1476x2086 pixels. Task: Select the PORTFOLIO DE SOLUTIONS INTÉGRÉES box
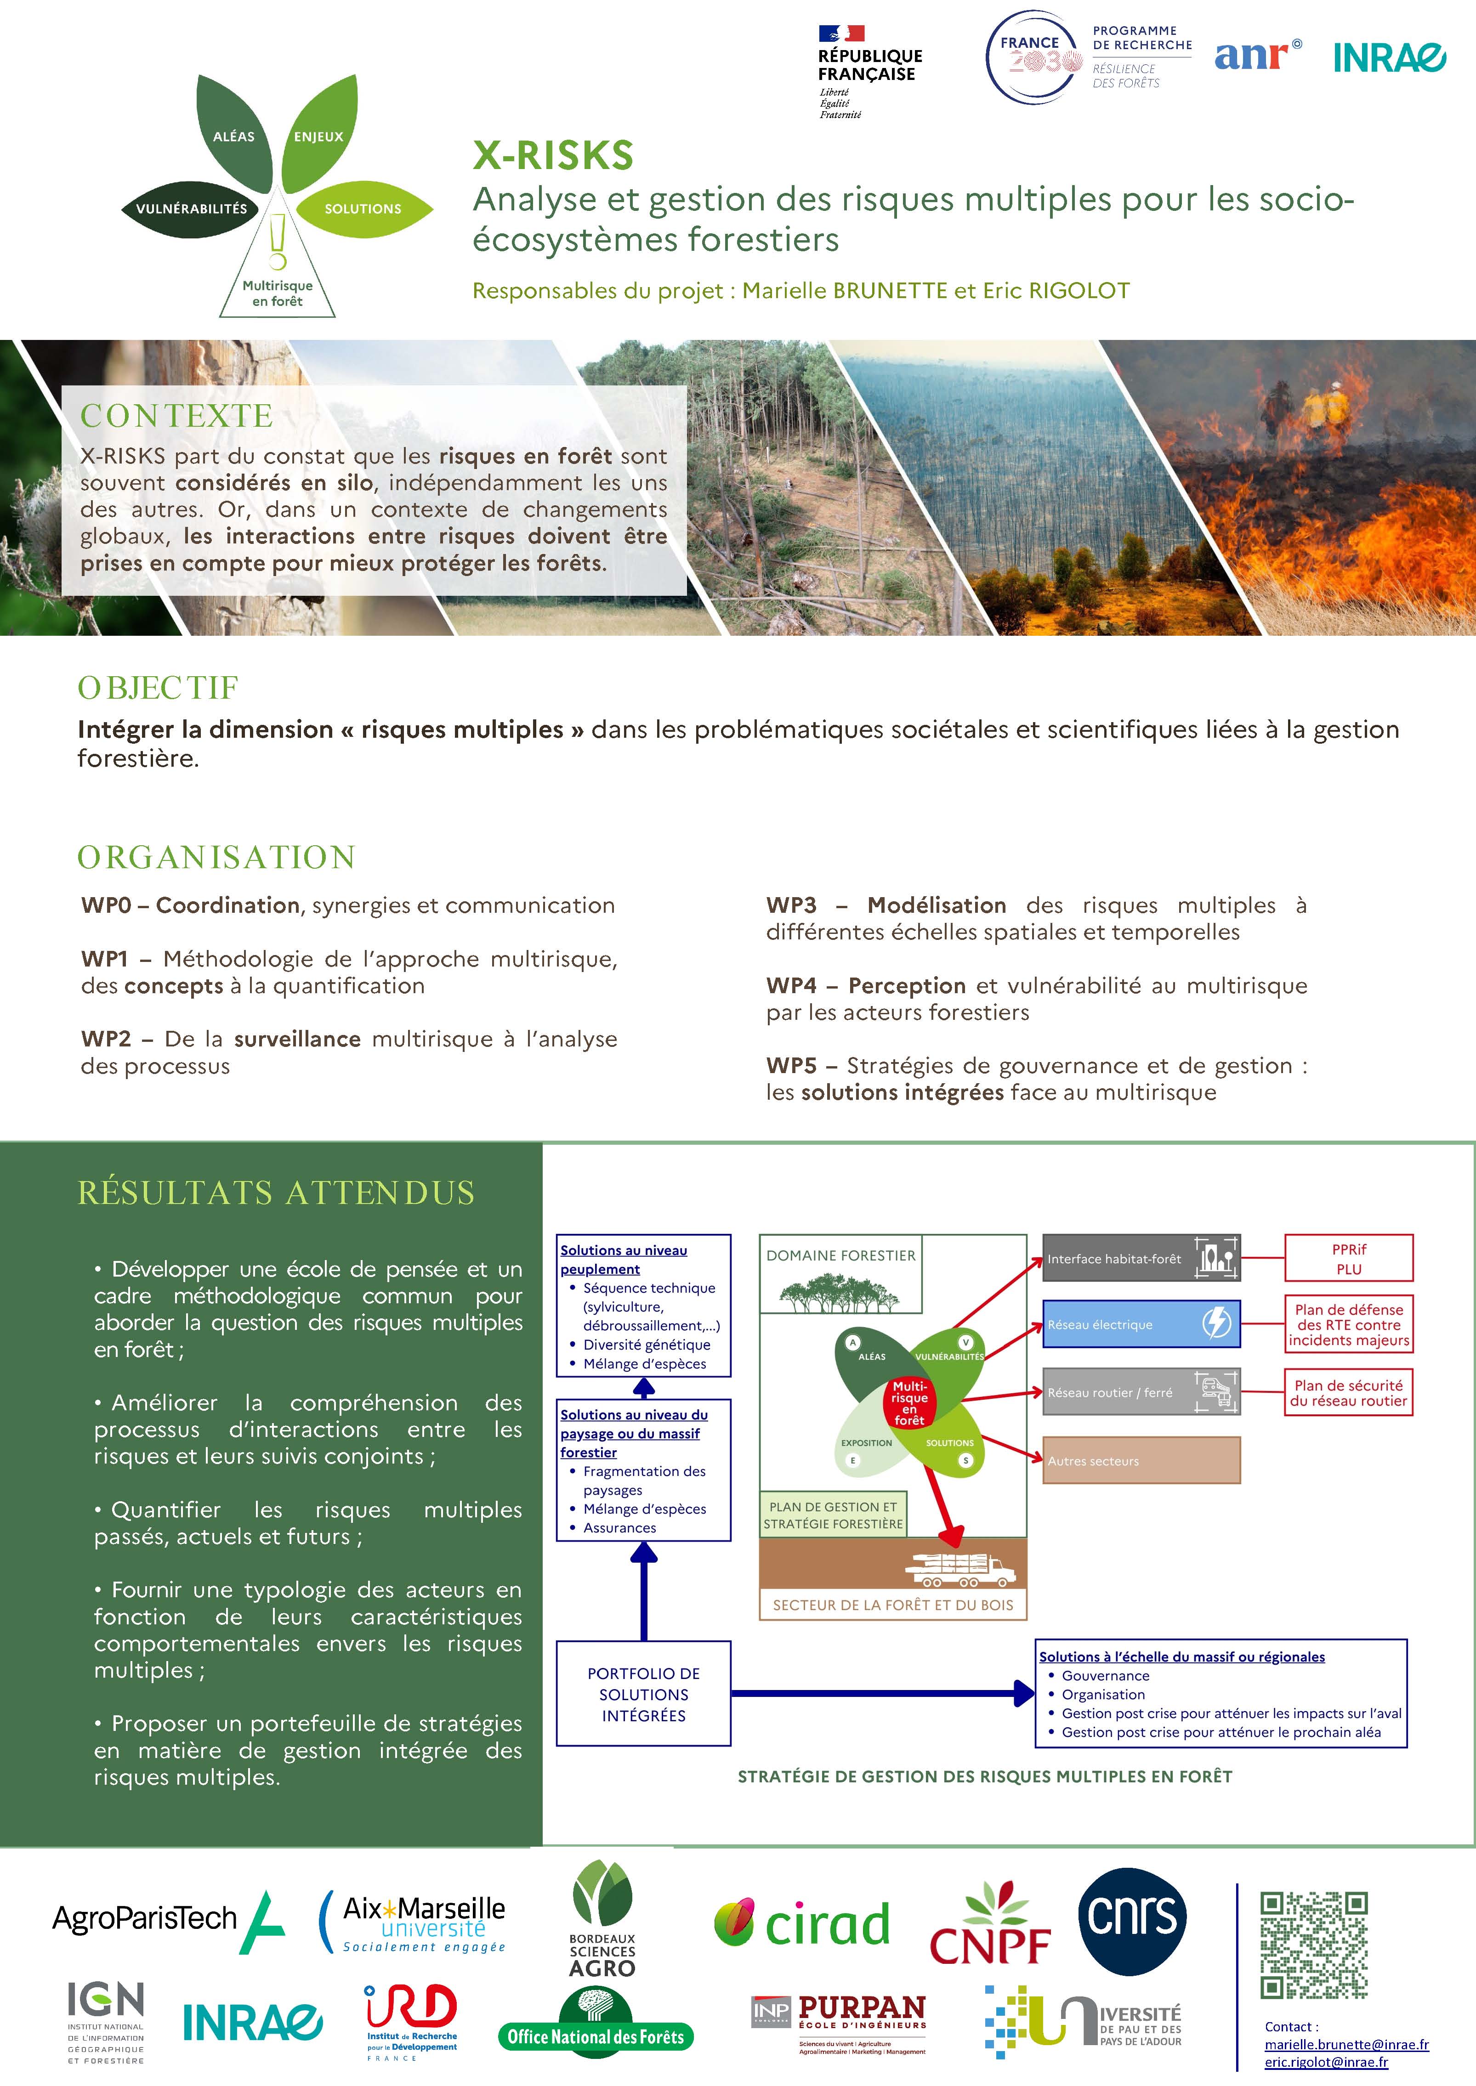pyautogui.click(x=643, y=1694)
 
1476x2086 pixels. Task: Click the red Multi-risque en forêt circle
pyautogui.click(x=910, y=1403)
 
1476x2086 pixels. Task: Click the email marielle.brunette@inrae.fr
pyautogui.click(x=1346, y=2044)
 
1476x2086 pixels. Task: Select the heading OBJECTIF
pyautogui.click(x=157, y=688)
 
